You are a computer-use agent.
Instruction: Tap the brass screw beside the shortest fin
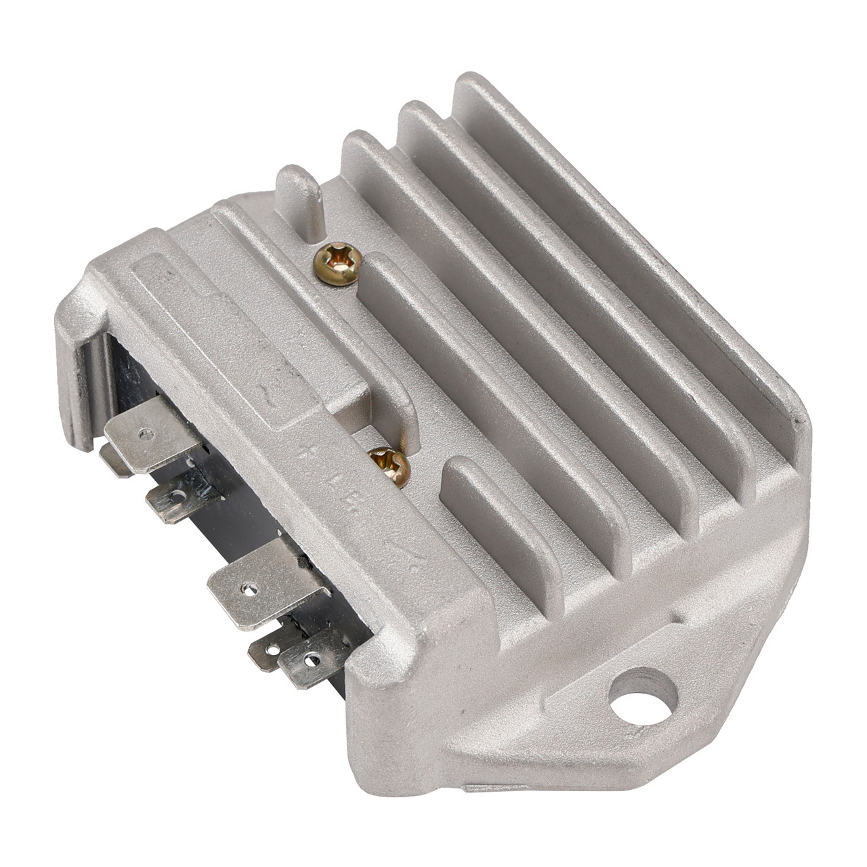(x=391, y=466)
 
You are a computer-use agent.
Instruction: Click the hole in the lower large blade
(x=251, y=589)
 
